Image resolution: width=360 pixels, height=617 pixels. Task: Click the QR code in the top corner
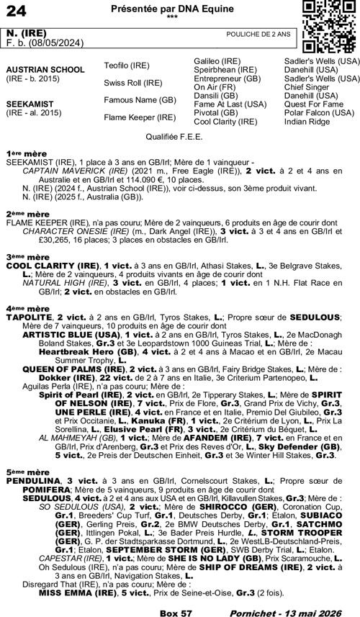coord(328,27)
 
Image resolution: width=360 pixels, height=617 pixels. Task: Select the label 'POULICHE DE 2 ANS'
coord(258,34)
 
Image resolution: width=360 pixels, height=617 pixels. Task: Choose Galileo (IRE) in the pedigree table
coord(217,61)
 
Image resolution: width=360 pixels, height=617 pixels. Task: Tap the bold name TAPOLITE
coord(29,317)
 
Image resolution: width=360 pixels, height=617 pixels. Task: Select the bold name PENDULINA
coord(32,479)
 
